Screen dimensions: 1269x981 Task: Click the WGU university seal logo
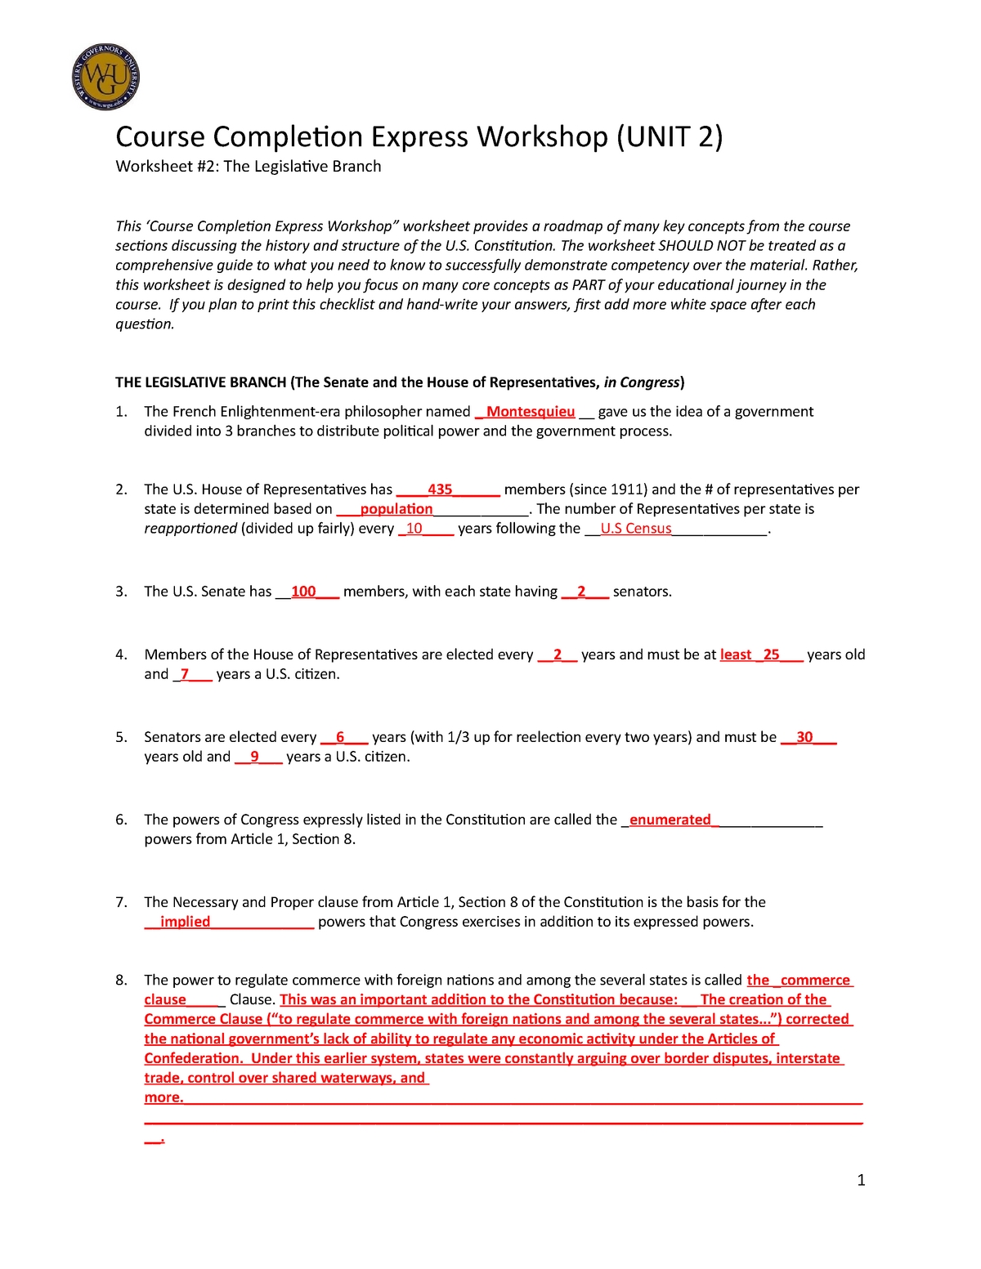106,78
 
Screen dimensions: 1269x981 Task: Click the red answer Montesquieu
531,412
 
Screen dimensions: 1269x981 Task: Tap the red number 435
440,489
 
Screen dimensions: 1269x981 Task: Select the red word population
396,509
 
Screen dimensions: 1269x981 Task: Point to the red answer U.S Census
636,529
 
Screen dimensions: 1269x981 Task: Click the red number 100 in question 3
303,592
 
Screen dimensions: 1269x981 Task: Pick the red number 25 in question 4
771,655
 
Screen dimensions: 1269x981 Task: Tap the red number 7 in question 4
185,674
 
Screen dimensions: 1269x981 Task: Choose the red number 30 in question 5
804,737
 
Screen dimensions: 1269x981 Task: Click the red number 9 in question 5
255,757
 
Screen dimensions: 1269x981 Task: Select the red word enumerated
670,820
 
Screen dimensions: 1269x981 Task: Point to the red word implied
185,922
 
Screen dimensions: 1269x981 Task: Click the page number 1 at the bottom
861,1180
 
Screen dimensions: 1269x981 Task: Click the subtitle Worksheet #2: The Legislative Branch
249,167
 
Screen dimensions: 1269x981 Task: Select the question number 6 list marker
121,820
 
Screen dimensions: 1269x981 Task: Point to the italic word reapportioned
190,529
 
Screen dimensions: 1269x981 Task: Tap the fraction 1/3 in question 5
458,737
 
